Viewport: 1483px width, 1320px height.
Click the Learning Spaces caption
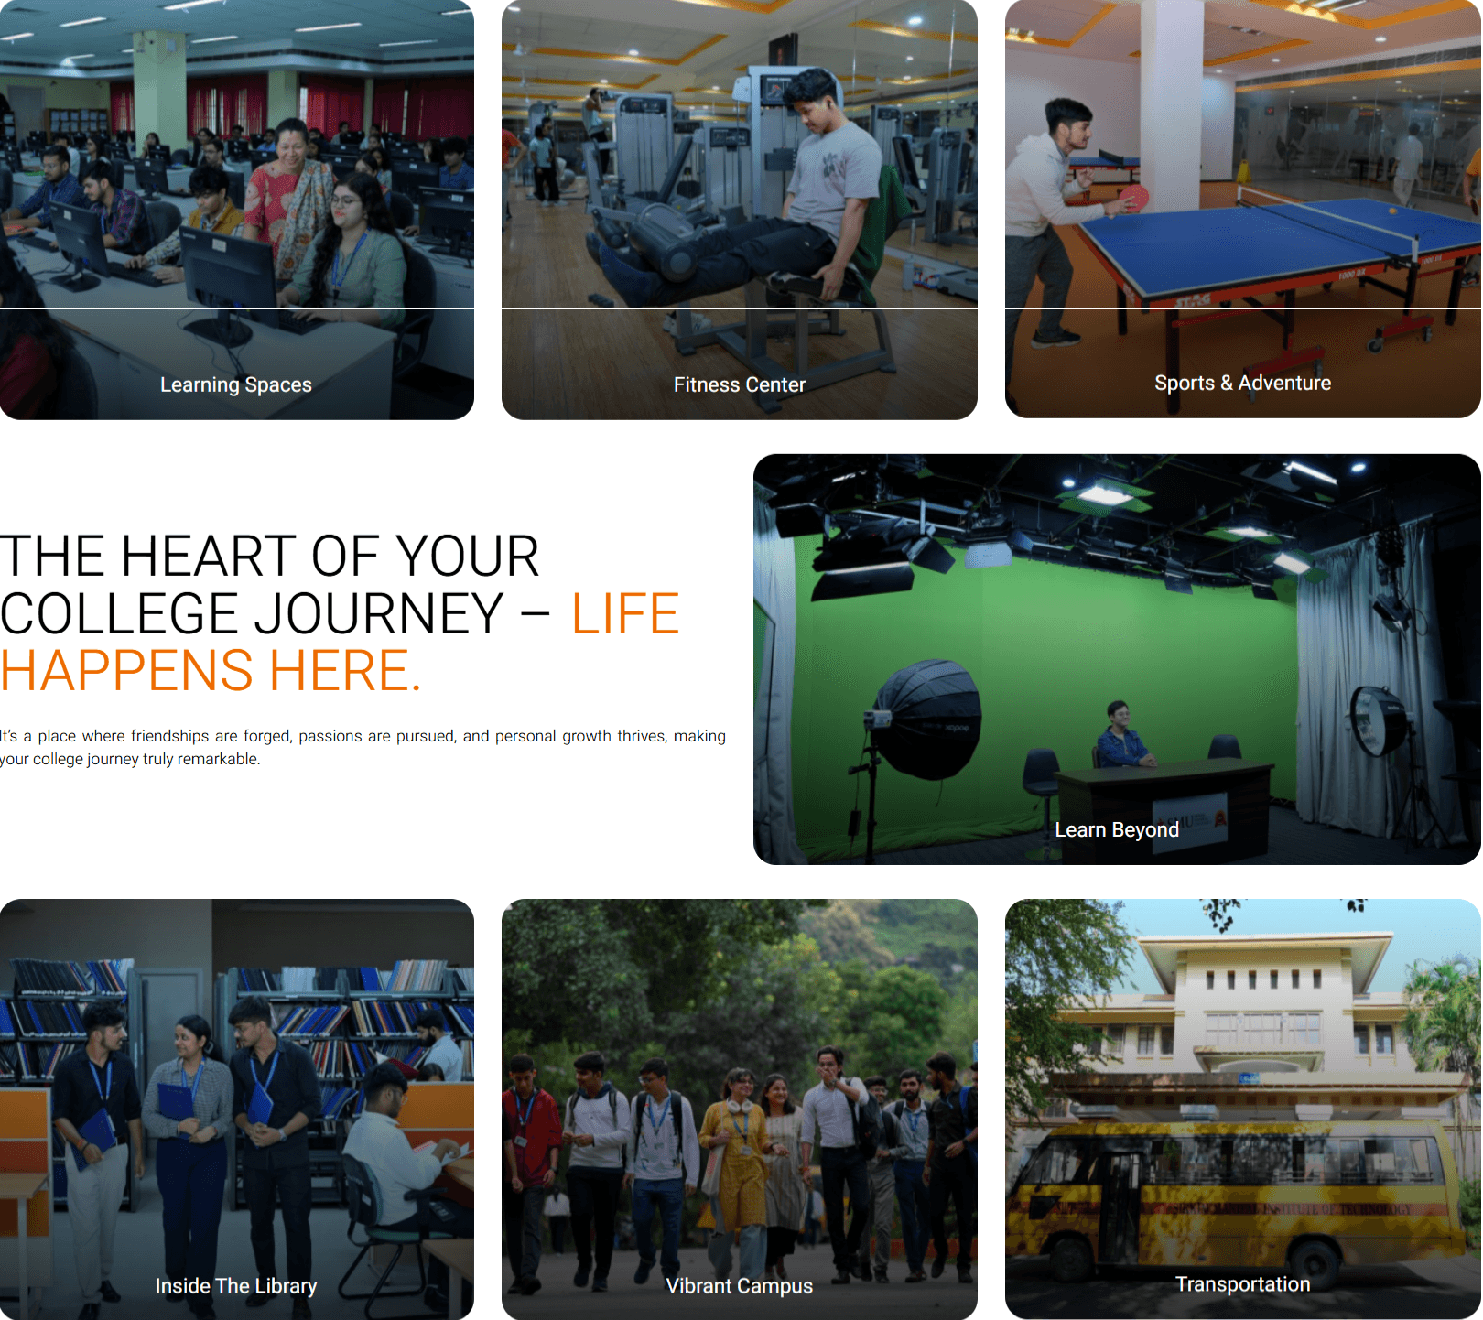[x=236, y=384]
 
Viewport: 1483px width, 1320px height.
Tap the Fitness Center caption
[x=740, y=384]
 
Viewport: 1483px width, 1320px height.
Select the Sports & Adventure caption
[x=1242, y=383]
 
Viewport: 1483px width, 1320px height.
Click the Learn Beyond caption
[x=1117, y=829]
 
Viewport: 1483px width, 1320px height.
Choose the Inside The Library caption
[x=236, y=1286]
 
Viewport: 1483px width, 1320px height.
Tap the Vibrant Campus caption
[x=740, y=1286]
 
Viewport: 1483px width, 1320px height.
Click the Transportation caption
[x=1242, y=1284]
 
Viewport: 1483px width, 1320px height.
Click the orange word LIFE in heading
[x=625, y=613]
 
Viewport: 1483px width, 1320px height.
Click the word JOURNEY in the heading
[x=379, y=613]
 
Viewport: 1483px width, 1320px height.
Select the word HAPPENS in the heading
[x=127, y=671]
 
